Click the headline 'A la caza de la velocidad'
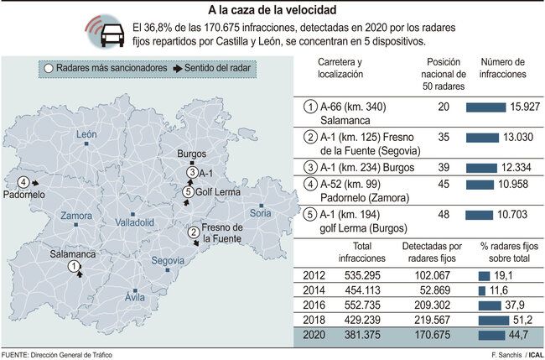click(x=272, y=9)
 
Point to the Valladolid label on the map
click(x=134, y=223)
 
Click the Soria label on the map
click(x=261, y=214)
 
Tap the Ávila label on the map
click(x=134, y=297)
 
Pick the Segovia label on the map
click(x=168, y=261)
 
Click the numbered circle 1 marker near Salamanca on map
click(x=75, y=266)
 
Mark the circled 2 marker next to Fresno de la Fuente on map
click(x=193, y=232)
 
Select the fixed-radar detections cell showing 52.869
click(x=431, y=289)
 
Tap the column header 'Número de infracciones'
click(x=502, y=68)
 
